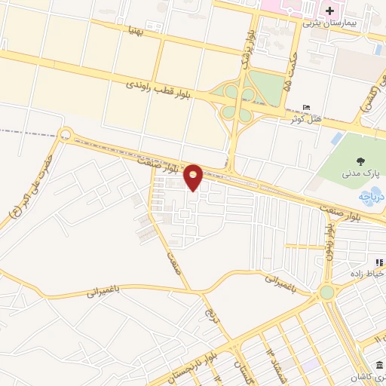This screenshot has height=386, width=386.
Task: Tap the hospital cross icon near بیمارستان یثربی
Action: click(x=329, y=11)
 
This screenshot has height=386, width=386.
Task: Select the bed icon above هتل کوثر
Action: click(x=305, y=107)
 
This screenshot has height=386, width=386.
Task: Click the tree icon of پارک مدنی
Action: click(x=359, y=161)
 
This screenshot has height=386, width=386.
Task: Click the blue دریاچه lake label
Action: click(x=370, y=198)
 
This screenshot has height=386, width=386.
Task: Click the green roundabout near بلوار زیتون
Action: click(x=326, y=292)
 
